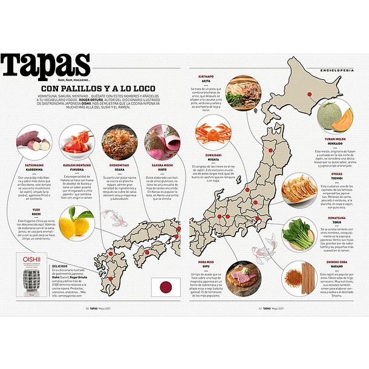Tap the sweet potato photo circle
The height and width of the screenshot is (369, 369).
(x=33, y=143)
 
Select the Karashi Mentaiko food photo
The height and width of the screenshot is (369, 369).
(x=75, y=142)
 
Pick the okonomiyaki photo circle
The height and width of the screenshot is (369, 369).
(x=119, y=142)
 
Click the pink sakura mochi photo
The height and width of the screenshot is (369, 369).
(x=162, y=142)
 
